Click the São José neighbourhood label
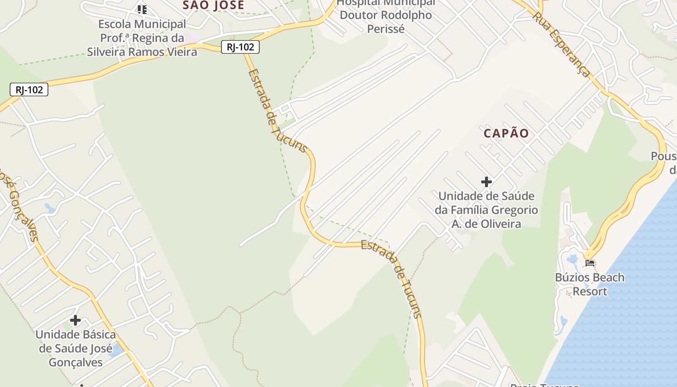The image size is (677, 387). coord(213,5)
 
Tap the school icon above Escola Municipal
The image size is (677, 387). coord(142,9)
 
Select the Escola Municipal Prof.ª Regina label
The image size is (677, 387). coord(142,38)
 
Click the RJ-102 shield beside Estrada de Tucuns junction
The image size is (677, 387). coord(240,47)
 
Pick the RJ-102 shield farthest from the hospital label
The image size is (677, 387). coord(29,89)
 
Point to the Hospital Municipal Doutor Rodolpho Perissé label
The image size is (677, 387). coord(385,15)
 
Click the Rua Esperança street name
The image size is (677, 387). coord(561,45)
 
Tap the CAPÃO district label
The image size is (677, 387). coord(506,134)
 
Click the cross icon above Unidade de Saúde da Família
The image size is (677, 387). coord(486,182)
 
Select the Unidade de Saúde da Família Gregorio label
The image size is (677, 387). coord(486,210)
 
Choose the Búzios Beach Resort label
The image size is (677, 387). coord(589,284)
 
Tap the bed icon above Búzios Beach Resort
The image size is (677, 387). coord(589,264)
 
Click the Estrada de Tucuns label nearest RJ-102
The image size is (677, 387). coord(277,111)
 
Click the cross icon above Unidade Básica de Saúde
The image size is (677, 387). coord(75,320)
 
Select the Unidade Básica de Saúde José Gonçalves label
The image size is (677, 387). coord(75,348)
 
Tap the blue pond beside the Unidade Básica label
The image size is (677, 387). coord(117,350)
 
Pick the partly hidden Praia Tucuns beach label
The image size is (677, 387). coord(545,385)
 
